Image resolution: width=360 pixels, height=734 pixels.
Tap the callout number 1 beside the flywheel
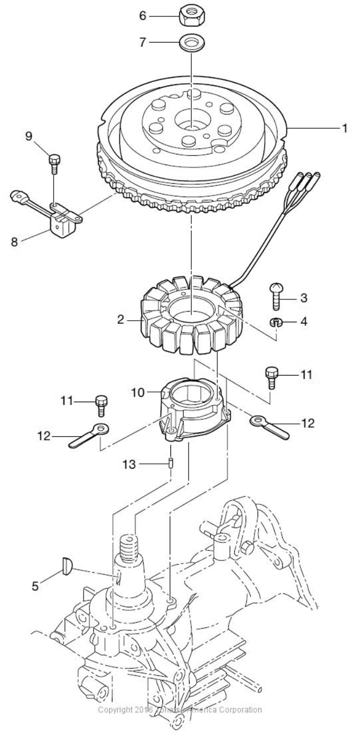[345, 128]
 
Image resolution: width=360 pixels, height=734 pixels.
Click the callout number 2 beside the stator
[121, 320]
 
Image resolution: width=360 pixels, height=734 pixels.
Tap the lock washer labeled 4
[276, 322]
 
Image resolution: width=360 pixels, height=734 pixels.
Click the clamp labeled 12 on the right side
[272, 427]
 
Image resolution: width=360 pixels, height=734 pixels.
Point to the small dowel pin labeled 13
[171, 464]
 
